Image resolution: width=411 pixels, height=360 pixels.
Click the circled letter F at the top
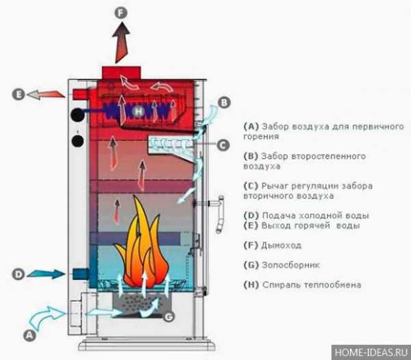tap(122, 12)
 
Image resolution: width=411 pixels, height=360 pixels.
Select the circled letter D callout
tap(18, 274)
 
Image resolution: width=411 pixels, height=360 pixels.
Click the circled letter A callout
tap(29, 335)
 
